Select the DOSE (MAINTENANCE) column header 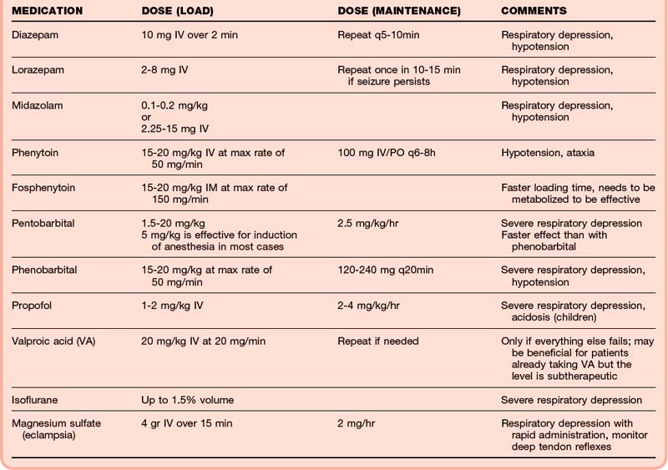click(x=398, y=11)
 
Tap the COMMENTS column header click(x=534, y=11)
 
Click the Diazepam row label click(x=36, y=36)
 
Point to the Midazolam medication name click(x=38, y=106)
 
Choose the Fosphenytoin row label click(x=43, y=188)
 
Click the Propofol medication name click(x=32, y=306)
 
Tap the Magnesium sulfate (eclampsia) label click(x=56, y=429)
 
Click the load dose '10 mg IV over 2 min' click(x=191, y=36)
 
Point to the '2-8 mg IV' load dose click(x=165, y=70)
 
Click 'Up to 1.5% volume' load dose click(x=187, y=400)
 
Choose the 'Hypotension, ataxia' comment click(x=549, y=153)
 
